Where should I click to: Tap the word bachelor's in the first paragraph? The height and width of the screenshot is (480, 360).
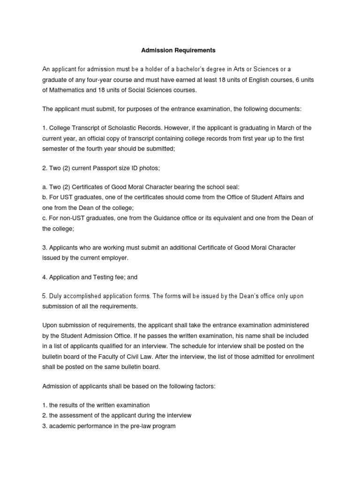190,69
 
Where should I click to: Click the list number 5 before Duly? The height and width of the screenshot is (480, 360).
45,296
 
